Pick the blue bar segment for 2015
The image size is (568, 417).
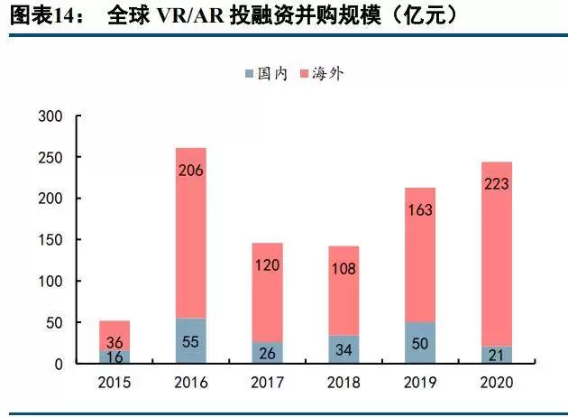point(115,357)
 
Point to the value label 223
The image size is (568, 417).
point(496,184)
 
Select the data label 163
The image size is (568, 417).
point(419,210)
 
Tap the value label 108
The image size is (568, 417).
point(344,268)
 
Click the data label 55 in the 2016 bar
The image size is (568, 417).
point(190,342)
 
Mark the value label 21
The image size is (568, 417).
point(496,356)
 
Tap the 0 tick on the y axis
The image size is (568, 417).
point(58,364)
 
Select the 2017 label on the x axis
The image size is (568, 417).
point(267,382)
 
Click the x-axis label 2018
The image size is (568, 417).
point(344,382)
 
